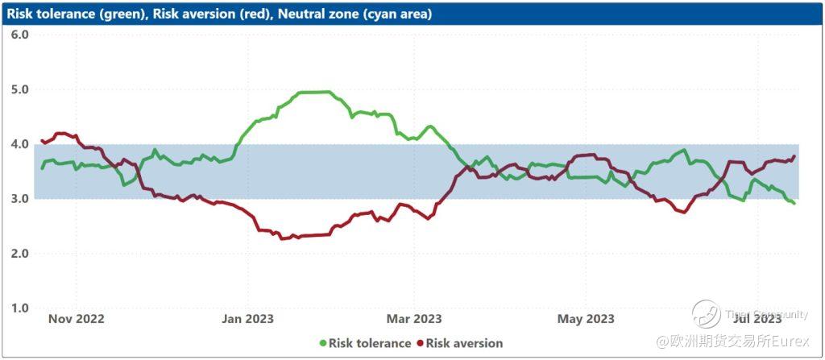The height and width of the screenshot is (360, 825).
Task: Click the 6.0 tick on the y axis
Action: click(20, 35)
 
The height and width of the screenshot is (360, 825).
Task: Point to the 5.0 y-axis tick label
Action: click(20, 89)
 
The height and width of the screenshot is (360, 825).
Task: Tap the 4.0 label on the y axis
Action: click(20, 144)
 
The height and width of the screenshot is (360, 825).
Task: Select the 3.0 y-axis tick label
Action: click(20, 199)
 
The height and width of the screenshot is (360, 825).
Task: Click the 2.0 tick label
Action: click(20, 254)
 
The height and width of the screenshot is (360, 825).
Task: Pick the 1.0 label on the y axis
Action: click(20, 308)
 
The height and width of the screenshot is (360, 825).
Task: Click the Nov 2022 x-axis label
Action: click(77, 319)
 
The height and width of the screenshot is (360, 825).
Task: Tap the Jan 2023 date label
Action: click(247, 319)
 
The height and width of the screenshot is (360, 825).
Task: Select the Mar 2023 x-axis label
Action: click(414, 319)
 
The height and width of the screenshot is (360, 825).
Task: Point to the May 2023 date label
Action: click(586, 319)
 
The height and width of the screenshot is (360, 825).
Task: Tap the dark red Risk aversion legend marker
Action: click(419, 343)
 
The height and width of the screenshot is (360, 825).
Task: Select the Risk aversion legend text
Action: click(464, 343)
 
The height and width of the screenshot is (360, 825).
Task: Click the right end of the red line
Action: click(794, 156)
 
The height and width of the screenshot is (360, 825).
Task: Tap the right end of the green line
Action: click(795, 203)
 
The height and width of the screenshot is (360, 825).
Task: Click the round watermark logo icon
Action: click(707, 314)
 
